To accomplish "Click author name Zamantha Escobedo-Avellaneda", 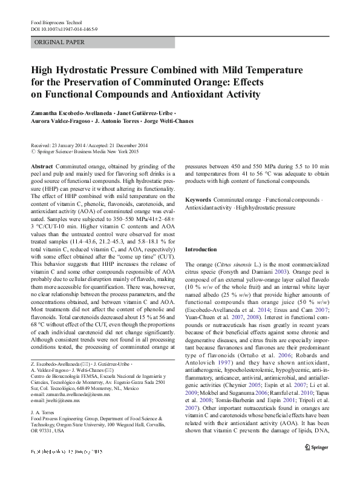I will pos(70,113).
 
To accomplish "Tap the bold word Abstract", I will pos(41,166).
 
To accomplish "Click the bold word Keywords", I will pos(197,199).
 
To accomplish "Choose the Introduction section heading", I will pos(200,249).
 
